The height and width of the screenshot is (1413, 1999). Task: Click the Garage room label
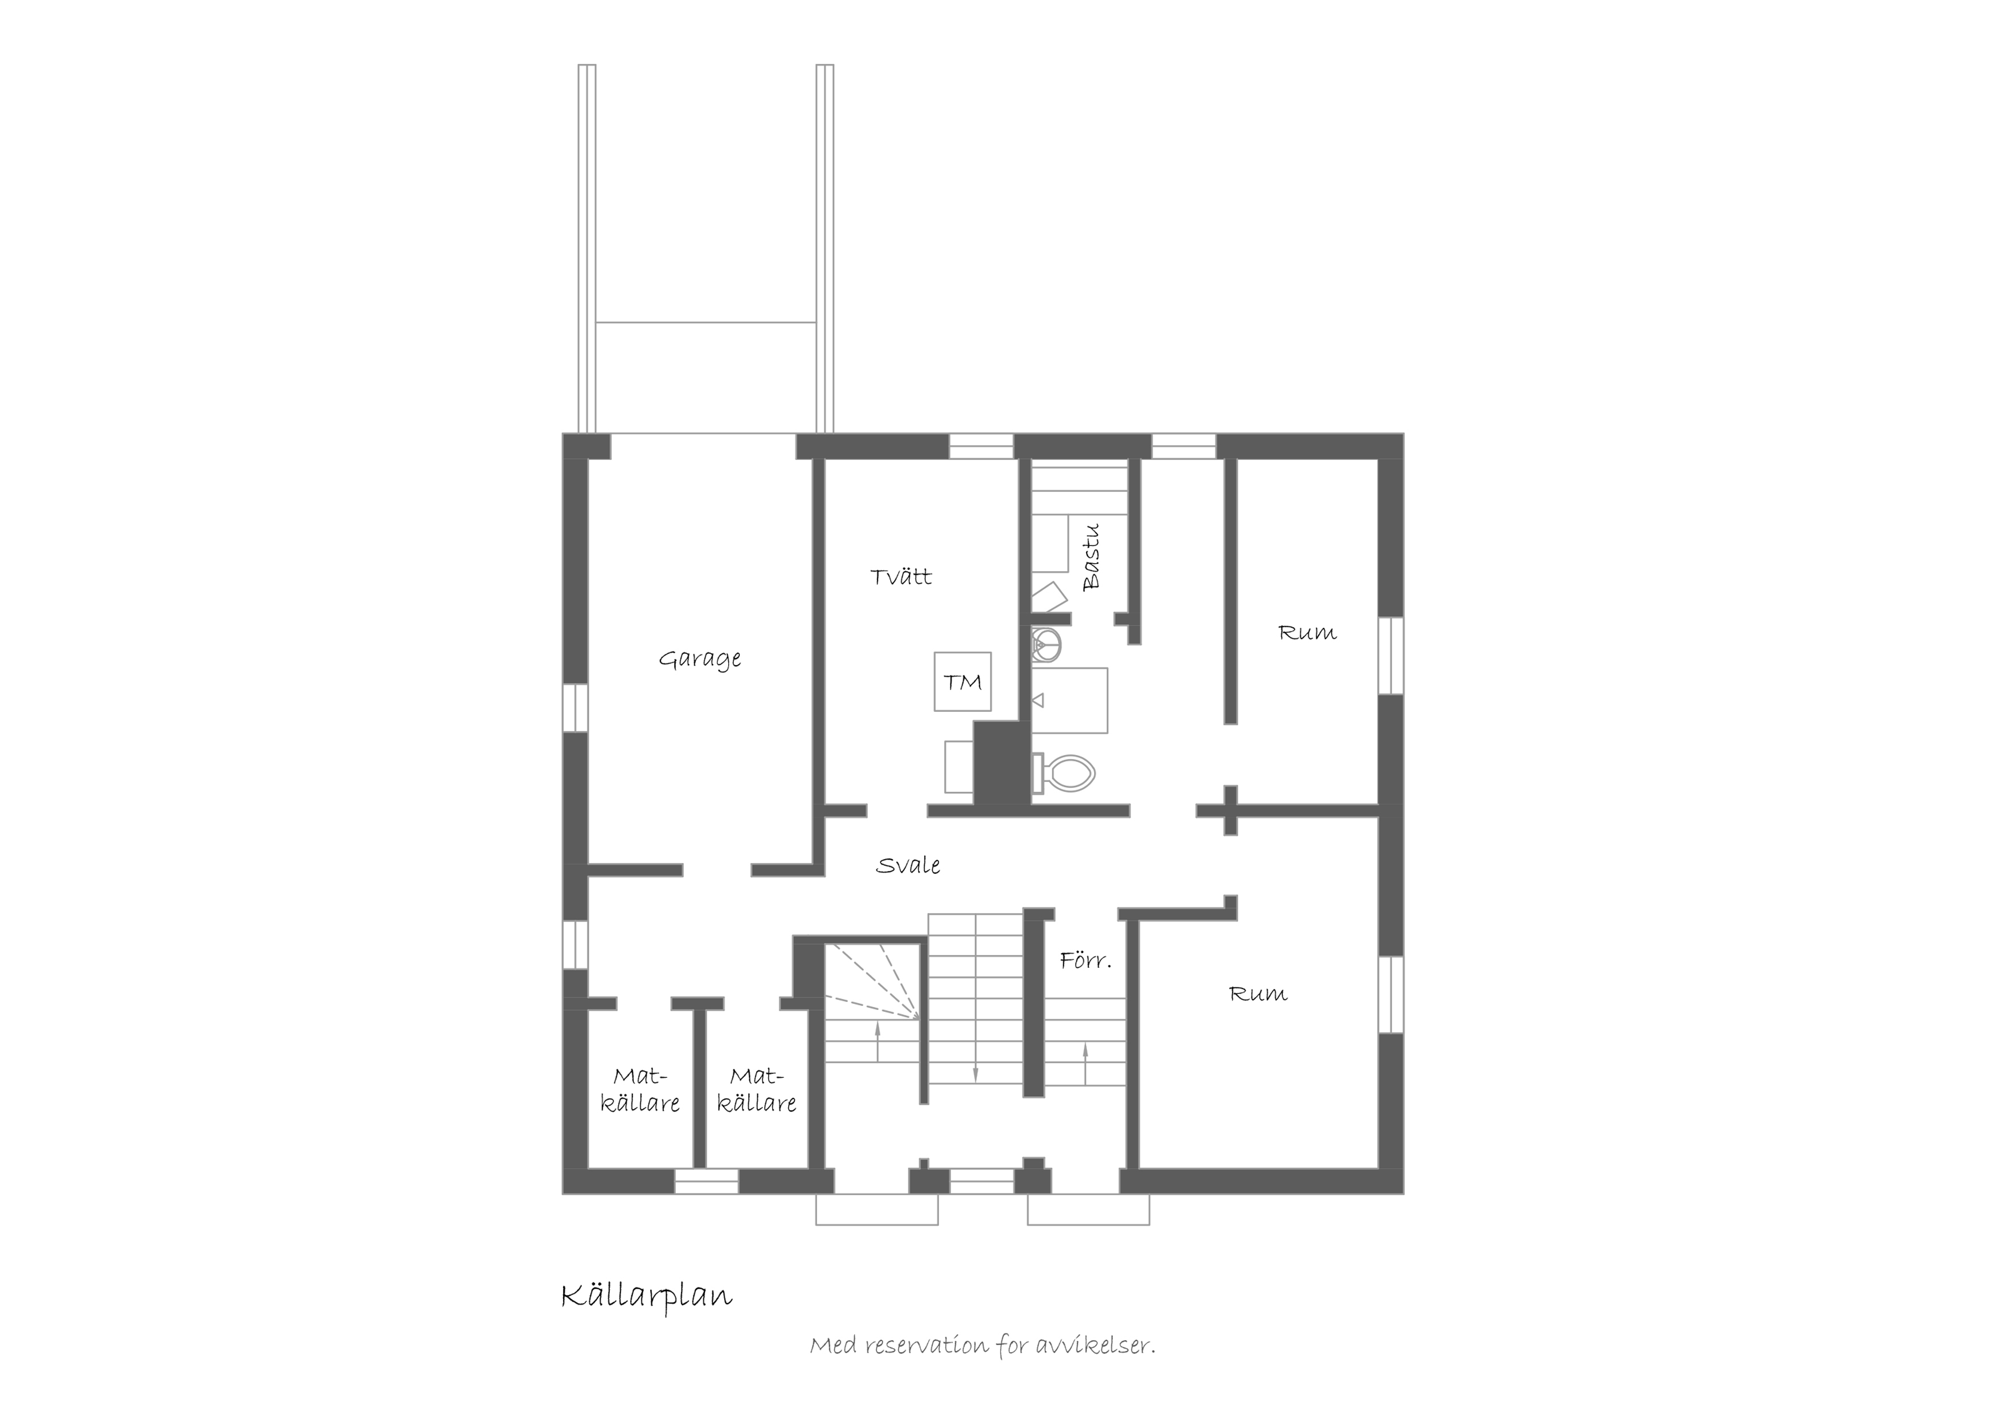pyautogui.click(x=700, y=659)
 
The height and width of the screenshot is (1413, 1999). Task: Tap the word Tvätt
pyautogui.click(x=901, y=576)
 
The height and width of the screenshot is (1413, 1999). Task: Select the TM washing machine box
pyautogui.click(x=962, y=682)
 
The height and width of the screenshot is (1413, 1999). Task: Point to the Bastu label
pyautogui.click(x=1091, y=557)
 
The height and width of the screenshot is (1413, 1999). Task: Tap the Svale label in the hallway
pyautogui.click(x=908, y=865)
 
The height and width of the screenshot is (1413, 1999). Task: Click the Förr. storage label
pyautogui.click(x=1086, y=961)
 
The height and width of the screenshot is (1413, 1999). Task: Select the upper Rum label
pyautogui.click(x=1307, y=633)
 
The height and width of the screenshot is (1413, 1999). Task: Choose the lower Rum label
pyautogui.click(x=1257, y=994)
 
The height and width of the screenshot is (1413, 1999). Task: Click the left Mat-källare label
pyautogui.click(x=640, y=1090)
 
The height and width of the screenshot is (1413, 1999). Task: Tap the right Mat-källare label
pyautogui.click(x=757, y=1090)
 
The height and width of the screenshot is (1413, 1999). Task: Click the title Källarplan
pyautogui.click(x=647, y=1296)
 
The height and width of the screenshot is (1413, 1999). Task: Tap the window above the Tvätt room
pyautogui.click(x=981, y=446)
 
